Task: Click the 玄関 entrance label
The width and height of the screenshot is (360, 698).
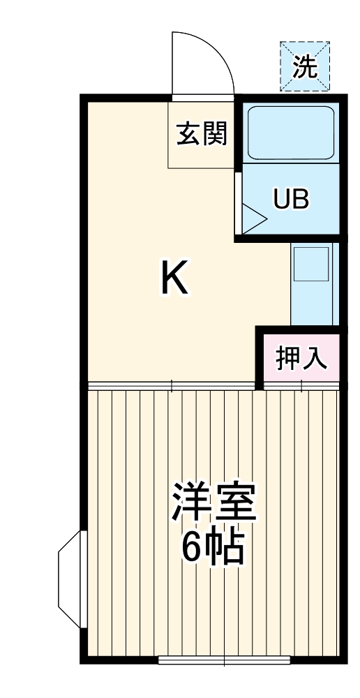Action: pyautogui.click(x=202, y=133)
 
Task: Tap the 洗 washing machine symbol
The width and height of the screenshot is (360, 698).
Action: pyautogui.click(x=304, y=66)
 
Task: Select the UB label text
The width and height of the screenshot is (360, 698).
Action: pyautogui.click(x=290, y=200)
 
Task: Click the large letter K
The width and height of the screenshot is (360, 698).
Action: pyautogui.click(x=174, y=277)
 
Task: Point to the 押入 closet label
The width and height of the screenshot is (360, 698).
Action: pyautogui.click(x=301, y=359)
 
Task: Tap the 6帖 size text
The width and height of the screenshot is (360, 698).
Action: pyautogui.click(x=213, y=548)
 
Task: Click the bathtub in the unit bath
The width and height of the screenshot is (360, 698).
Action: pyautogui.click(x=291, y=133)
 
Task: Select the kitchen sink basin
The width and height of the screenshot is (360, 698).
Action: pyautogui.click(x=310, y=263)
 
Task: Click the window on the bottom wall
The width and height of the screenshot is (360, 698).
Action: pyautogui.click(x=223, y=659)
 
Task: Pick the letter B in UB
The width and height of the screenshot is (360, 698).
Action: pyautogui.click(x=300, y=200)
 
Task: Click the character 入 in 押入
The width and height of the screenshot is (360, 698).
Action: pyautogui.click(x=314, y=359)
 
